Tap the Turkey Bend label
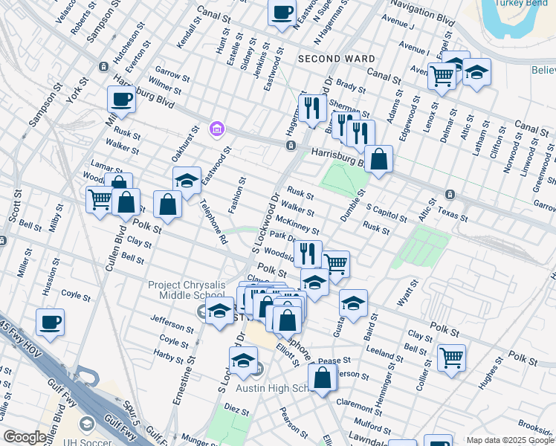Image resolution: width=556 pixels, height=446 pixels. tap(524, 3)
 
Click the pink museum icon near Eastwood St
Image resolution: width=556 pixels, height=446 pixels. tap(216, 129)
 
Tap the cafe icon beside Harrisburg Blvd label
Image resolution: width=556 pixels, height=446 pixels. tap(120, 99)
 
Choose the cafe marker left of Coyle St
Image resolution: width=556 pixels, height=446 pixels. tap(50, 322)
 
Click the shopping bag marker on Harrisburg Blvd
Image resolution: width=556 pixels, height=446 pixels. tap(378, 158)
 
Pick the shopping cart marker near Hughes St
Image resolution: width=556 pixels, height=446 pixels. tap(451, 358)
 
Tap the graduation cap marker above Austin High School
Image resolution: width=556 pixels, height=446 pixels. tap(242, 361)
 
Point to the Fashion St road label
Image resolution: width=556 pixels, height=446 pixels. tap(238, 195)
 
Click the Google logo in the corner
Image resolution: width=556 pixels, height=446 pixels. tap(25, 437)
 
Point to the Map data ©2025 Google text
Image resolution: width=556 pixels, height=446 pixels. tap(511, 440)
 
